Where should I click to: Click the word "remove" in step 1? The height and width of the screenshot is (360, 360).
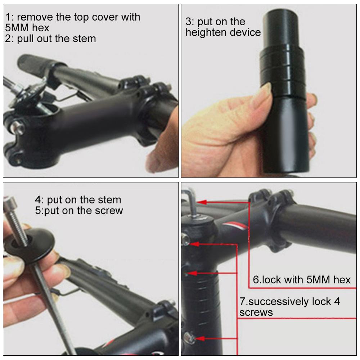34,17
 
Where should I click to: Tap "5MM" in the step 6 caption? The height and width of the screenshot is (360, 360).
317,280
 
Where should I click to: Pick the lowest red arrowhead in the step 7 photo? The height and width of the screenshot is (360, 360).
200,338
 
